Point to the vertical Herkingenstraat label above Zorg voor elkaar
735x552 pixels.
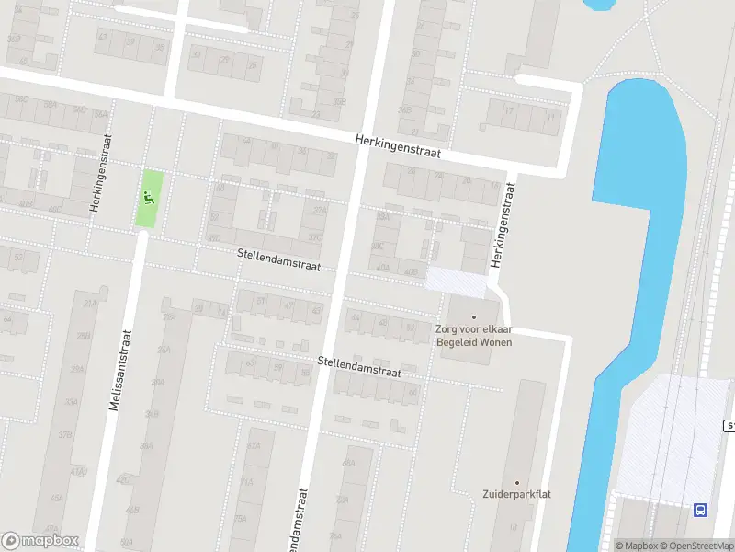pyautogui.click(x=501, y=225)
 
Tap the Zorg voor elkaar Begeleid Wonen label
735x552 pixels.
pyautogui.click(x=473, y=336)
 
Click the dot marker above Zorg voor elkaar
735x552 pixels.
pyautogui.click(x=474, y=317)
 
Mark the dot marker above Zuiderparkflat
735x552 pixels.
pyautogui.click(x=517, y=482)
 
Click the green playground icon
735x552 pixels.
pyautogui.click(x=147, y=195)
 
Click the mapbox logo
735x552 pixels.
pyautogui.click(x=40, y=541)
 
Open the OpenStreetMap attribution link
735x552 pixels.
pyautogui.click(x=697, y=546)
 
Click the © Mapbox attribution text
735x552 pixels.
pyautogui.click(x=636, y=546)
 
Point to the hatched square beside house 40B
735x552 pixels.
pyautogui.click(x=457, y=281)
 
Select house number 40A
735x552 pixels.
pyautogui.click(x=383, y=269)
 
